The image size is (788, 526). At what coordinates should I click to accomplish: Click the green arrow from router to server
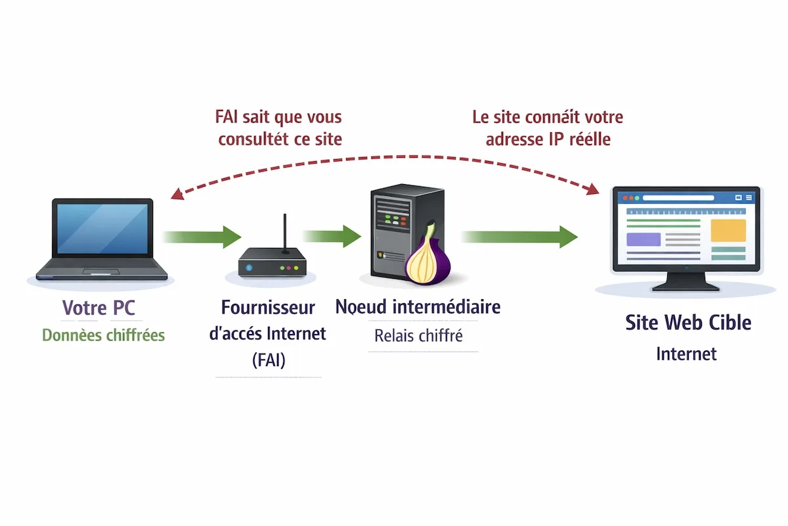click(332, 235)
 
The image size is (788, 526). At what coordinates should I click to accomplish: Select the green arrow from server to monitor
click(519, 236)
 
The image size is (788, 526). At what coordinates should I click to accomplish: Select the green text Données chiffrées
click(103, 335)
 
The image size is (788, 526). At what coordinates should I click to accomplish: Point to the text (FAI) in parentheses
click(268, 360)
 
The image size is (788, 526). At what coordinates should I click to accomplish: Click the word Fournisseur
click(268, 307)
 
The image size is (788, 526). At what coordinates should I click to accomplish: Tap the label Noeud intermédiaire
click(418, 306)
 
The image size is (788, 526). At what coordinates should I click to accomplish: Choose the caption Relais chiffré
click(418, 335)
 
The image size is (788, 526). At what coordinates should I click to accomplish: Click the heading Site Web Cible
click(688, 322)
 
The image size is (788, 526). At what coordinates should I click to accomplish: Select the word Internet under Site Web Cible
click(686, 354)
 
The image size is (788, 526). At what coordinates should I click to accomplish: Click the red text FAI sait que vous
click(278, 117)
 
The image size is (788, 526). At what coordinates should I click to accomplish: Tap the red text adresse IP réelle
click(548, 139)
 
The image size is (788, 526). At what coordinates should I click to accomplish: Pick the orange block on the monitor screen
click(728, 230)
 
